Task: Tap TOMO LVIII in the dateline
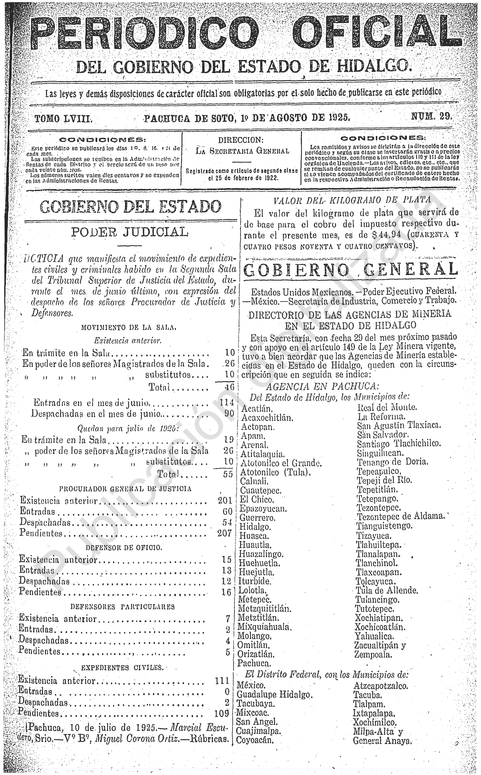[x=63, y=119]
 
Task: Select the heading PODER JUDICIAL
[x=129, y=232]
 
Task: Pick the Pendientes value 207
[x=225, y=533]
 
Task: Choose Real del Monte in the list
[x=387, y=407]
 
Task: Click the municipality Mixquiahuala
[x=264, y=627]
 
